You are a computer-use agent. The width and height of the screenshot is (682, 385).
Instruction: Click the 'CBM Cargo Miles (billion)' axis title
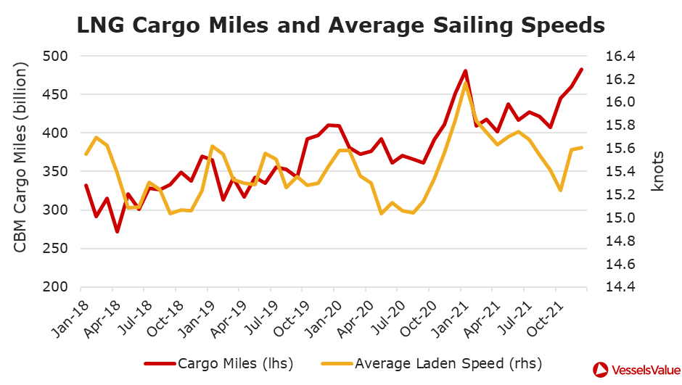tap(21, 158)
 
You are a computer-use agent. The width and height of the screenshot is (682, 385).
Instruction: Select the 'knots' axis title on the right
tap(657, 172)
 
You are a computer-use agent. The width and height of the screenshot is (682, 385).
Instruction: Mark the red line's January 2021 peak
tap(465, 71)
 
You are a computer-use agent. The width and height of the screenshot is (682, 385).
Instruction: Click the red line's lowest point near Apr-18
tap(117, 232)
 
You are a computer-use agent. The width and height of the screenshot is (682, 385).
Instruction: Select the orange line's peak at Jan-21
tap(465, 83)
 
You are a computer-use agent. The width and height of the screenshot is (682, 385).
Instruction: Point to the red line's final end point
tap(581, 70)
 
